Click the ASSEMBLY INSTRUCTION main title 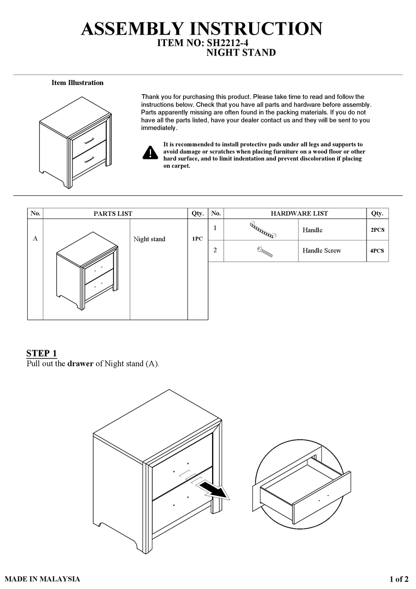(202, 29)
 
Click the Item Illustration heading (78, 83)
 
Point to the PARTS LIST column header (113, 214)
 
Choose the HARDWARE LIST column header (299, 213)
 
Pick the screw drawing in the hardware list (264, 251)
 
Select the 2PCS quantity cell (377, 230)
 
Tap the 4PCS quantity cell (377, 251)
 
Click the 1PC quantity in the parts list (197, 239)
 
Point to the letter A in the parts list (35, 239)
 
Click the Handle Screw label (321, 250)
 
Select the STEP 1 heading (42, 353)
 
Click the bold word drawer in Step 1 (80, 364)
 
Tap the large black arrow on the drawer (214, 490)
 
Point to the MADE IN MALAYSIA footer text (42, 579)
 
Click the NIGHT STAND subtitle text (241, 53)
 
